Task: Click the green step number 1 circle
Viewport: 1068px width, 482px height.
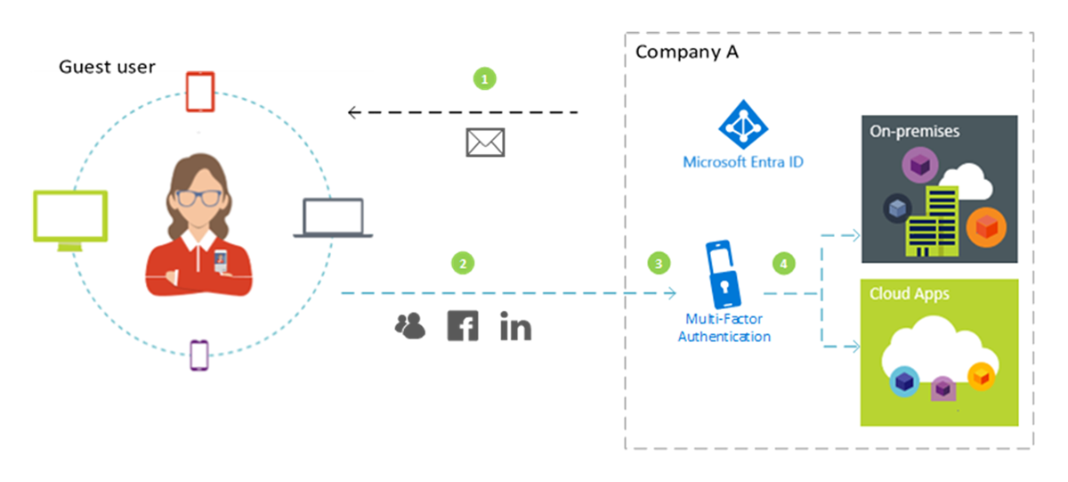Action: point(483,79)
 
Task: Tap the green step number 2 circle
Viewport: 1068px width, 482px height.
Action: point(462,264)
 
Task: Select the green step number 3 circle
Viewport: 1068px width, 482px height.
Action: point(659,264)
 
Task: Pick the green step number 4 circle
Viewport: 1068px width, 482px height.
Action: point(783,264)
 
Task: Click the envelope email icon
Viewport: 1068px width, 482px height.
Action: point(485,143)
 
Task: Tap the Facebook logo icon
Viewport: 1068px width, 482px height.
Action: point(462,326)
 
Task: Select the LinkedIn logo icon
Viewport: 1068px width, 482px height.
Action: point(515,326)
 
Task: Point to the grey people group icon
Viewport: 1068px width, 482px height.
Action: point(409,327)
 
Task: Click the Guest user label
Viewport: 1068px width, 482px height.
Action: point(107,67)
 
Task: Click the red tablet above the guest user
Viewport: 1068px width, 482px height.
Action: point(200,93)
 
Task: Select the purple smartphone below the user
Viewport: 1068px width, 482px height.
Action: point(199,355)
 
